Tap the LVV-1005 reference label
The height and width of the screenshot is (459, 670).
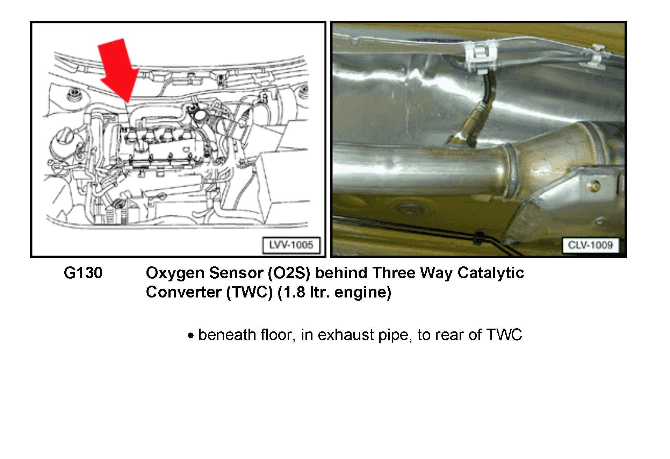pyautogui.click(x=291, y=245)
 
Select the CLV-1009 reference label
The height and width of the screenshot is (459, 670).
pyautogui.click(x=590, y=245)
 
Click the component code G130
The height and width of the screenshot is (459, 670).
pyautogui.click(x=83, y=273)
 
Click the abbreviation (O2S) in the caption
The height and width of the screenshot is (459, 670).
pyautogui.click(x=289, y=273)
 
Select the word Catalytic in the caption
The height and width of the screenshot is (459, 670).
pyautogui.click(x=491, y=273)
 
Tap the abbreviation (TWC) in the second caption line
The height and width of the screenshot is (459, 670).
pyautogui.click(x=250, y=292)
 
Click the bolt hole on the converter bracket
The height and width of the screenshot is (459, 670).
pyautogui.click(x=593, y=186)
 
